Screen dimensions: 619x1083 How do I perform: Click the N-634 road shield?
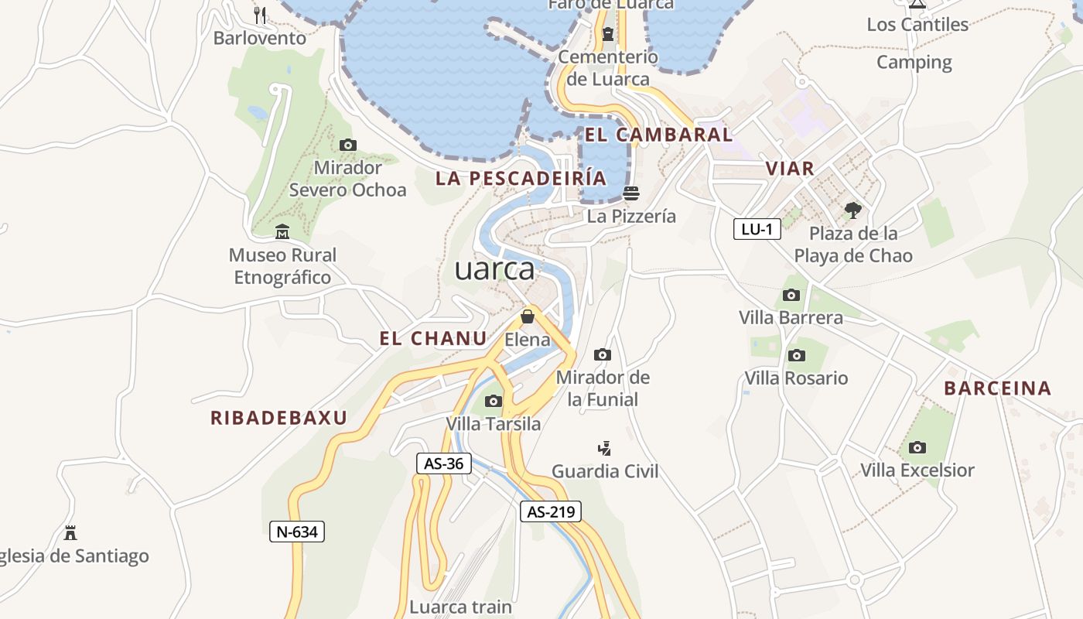tap(297, 532)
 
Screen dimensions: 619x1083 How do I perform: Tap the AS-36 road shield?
tap(443, 463)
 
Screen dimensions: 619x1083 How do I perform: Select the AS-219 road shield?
tap(550, 511)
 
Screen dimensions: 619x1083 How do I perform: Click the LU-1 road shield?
tap(757, 229)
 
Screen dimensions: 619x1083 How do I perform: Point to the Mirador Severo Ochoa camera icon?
tap(348, 145)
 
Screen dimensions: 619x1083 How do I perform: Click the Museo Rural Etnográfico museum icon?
tap(282, 231)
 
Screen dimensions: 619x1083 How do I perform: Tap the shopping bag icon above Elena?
tap(528, 316)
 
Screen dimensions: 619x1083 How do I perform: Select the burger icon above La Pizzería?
tap(631, 193)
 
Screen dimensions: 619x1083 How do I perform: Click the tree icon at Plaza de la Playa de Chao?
tap(853, 210)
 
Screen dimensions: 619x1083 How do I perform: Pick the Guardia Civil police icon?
tap(605, 448)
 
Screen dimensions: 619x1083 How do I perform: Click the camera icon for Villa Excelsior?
tap(917, 447)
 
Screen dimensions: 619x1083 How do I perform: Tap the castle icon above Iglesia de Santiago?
tap(70, 533)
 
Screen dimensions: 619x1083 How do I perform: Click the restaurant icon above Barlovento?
tap(260, 15)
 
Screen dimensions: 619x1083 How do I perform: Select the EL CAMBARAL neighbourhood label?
tap(658, 135)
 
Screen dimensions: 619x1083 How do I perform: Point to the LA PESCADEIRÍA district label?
tap(521, 178)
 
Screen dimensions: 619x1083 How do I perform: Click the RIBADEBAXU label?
tap(278, 418)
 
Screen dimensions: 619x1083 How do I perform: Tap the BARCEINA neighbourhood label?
tap(998, 388)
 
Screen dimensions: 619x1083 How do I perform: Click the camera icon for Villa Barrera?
tap(791, 295)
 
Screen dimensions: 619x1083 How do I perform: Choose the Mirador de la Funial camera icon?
tap(603, 355)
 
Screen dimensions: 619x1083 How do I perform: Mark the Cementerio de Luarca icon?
tap(608, 33)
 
